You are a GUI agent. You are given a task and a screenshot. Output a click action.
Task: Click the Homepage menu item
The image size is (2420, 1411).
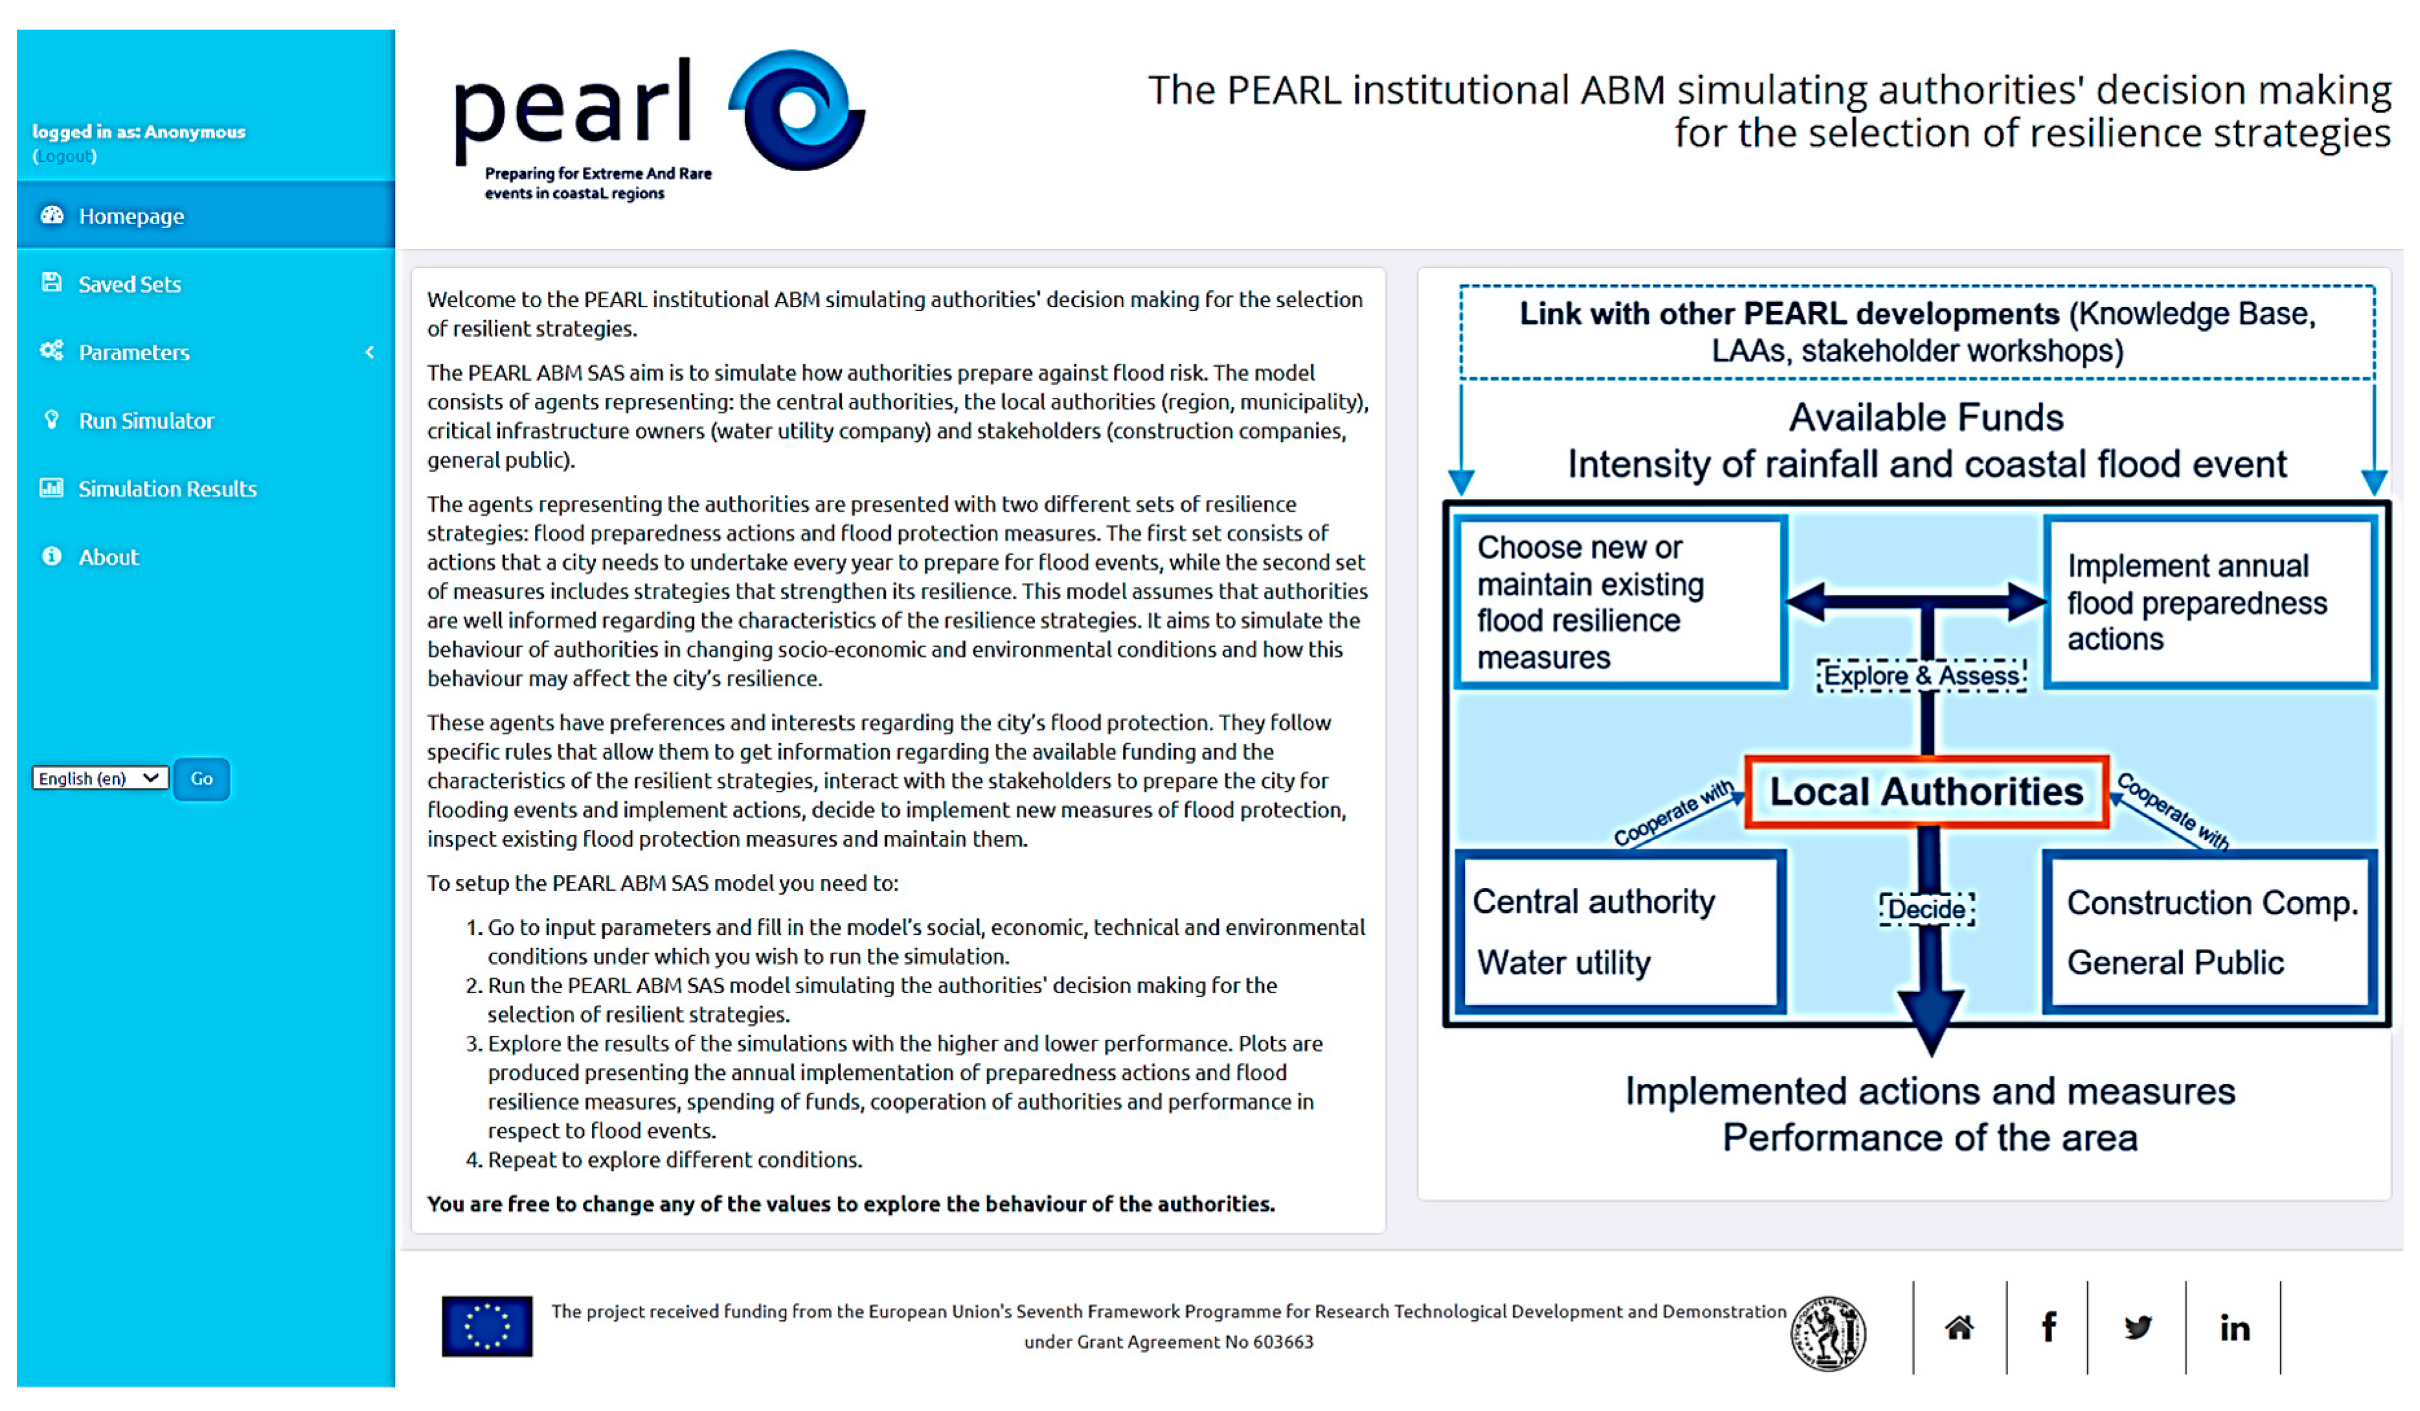pos(131,216)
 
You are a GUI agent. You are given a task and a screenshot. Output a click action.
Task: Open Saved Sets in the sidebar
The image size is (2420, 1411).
pos(129,284)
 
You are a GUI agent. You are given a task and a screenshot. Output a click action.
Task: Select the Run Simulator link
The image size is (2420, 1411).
pos(145,420)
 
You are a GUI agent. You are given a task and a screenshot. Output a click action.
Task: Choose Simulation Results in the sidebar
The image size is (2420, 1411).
pos(166,489)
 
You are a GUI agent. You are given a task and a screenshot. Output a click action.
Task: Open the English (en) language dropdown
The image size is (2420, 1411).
pos(99,778)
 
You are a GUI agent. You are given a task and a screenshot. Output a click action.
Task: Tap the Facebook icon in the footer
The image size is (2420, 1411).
pos(2048,1327)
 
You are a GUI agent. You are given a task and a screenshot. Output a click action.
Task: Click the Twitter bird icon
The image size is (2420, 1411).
pos(2137,1327)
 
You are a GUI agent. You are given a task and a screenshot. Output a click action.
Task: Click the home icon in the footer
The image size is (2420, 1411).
pos(1959,1327)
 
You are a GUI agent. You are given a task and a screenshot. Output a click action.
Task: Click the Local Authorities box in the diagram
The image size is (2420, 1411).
pos(1925,792)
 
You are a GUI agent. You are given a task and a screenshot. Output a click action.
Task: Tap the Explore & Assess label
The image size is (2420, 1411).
pos(1921,675)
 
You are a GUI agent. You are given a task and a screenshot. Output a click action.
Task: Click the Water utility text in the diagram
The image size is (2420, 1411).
pos(1563,963)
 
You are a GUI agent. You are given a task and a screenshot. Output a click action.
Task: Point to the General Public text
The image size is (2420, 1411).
pos(2175,963)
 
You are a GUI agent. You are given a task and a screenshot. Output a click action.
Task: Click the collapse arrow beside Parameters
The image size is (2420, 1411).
pos(370,352)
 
